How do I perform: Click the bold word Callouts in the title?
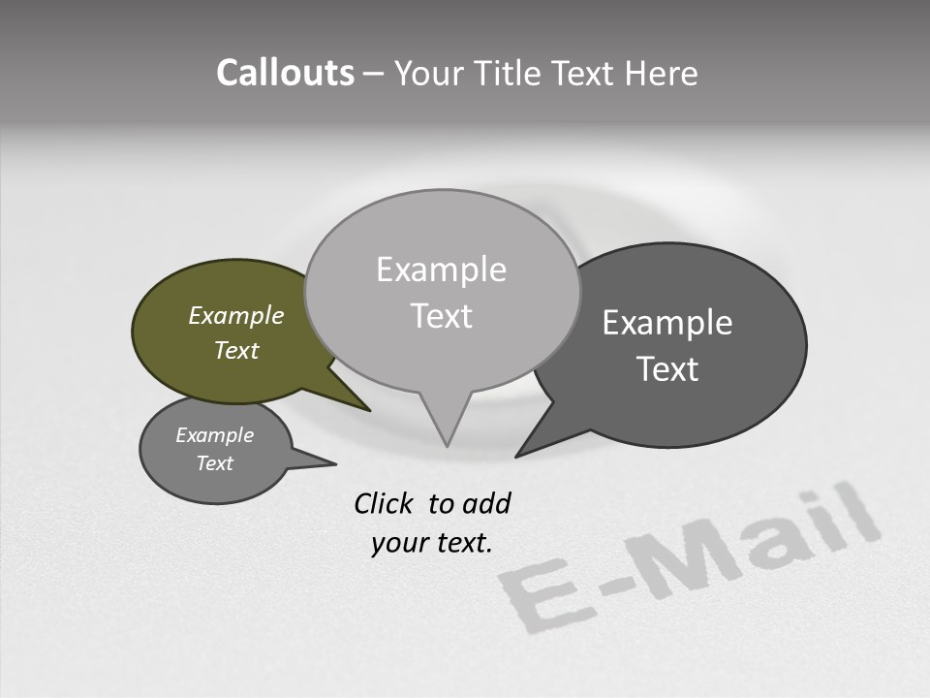point(286,73)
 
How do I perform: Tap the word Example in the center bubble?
point(441,270)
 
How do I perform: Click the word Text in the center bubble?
point(441,316)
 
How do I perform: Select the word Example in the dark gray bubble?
point(667,323)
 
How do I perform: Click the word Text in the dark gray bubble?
point(667,369)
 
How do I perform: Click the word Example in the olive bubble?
point(236,316)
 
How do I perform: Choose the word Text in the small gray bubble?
point(215,463)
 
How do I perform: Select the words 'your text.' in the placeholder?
point(432,543)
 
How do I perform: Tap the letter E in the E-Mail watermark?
point(535,594)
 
